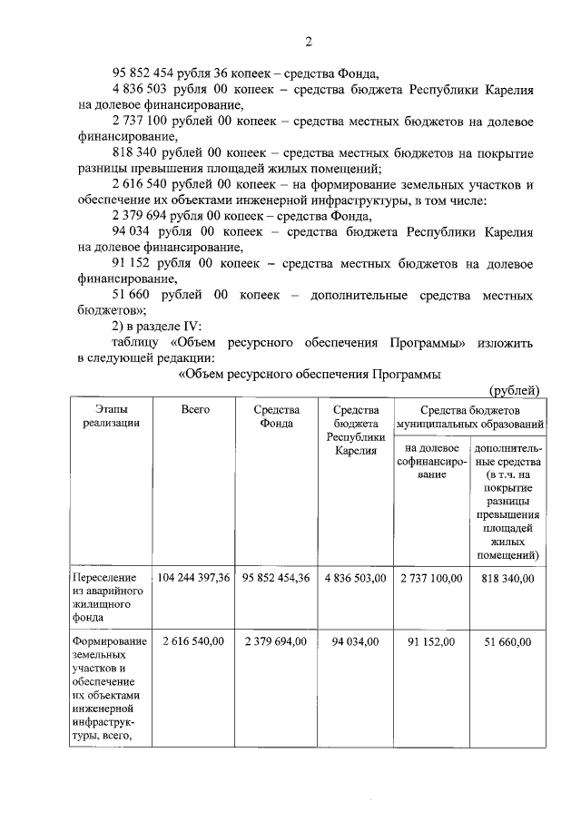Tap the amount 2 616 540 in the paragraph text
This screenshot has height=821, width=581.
point(145,185)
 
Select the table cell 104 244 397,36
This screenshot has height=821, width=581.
point(194,577)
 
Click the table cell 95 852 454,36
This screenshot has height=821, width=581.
point(276,577)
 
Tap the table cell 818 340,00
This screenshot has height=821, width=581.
point(508,577)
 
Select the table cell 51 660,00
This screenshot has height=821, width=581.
point(508,641)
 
